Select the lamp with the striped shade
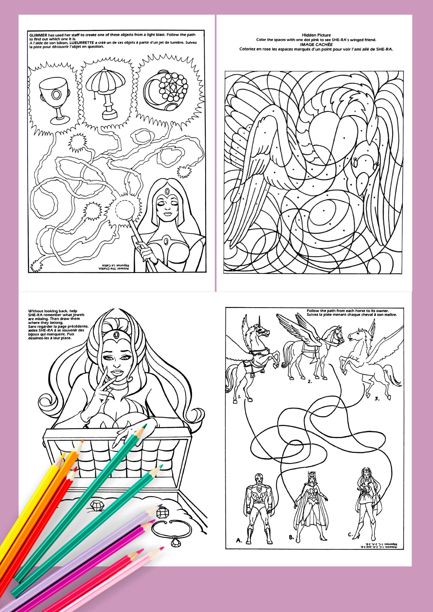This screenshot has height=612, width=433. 106,92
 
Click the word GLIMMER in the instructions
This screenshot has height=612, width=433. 38,35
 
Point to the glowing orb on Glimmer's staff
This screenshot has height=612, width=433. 125,210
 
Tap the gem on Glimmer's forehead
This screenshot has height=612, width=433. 167,192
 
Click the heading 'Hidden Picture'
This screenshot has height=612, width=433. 316,35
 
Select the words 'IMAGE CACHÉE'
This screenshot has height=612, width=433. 316,44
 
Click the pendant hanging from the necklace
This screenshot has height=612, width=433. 175,542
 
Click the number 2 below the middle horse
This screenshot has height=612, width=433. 310,382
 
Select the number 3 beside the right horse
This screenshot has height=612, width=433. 377,399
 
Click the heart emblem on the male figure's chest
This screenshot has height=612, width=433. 259,489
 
